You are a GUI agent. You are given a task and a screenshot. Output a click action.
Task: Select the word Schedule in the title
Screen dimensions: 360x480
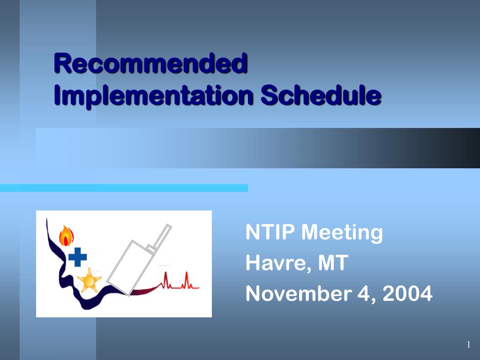point(320,96)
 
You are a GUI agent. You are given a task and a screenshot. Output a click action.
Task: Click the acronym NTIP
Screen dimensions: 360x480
point(270,232)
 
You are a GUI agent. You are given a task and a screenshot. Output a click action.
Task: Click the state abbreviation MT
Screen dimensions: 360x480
point(333,263)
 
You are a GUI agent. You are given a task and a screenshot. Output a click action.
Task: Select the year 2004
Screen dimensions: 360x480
point(407,294)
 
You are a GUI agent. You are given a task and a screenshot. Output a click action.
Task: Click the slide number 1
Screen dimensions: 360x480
point(468,345)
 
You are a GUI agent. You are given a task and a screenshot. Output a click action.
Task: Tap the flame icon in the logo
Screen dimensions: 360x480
point(67,236)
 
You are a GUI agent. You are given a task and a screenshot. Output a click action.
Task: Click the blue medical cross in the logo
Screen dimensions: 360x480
point(77,257)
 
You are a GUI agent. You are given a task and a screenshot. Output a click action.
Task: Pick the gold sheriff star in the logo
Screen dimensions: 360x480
point(89,281)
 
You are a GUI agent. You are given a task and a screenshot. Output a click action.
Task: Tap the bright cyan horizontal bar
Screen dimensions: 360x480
point(124,188)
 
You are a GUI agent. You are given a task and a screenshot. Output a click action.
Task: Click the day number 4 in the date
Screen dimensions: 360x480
point(366,294)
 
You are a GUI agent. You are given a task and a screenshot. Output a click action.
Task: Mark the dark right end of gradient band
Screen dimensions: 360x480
point(464,148)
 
